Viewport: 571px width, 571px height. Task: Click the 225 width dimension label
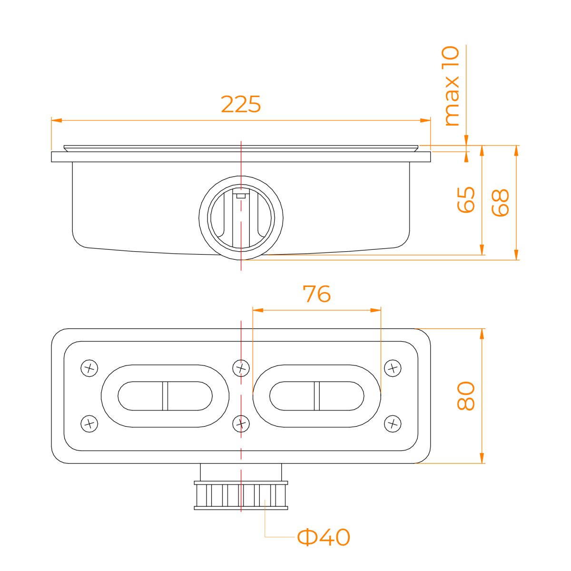[241, 104]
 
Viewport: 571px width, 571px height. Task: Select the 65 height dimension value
[465, 199]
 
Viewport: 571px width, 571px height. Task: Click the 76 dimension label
[316, 294]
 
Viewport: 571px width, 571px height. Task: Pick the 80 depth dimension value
[465, 396]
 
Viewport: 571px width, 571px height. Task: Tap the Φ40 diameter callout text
[323, 537]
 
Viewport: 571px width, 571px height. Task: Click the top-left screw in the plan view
[89, 368]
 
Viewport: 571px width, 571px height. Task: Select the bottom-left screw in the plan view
[89, 423]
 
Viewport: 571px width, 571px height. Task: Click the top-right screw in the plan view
[393, 368]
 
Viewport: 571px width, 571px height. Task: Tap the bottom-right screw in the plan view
[393, 423]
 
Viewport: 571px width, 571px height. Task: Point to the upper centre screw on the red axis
[241, 368]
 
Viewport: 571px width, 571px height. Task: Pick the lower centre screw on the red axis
[241, 423]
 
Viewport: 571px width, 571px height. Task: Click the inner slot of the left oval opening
[165, 396]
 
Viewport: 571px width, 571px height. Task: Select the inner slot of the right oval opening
[317, 396]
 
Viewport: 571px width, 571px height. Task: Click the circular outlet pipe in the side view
[241, 218]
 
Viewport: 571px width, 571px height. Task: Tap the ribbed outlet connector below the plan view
[241, 495]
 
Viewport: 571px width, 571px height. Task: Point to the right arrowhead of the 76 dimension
[375, 310]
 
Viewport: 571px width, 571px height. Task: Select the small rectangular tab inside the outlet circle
[241, 196]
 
